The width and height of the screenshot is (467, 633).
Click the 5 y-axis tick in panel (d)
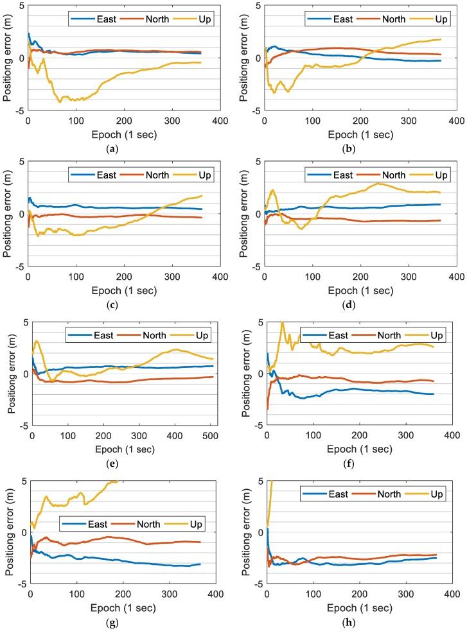tap(258, 161)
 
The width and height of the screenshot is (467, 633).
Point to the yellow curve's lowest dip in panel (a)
tap(60, 101)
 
